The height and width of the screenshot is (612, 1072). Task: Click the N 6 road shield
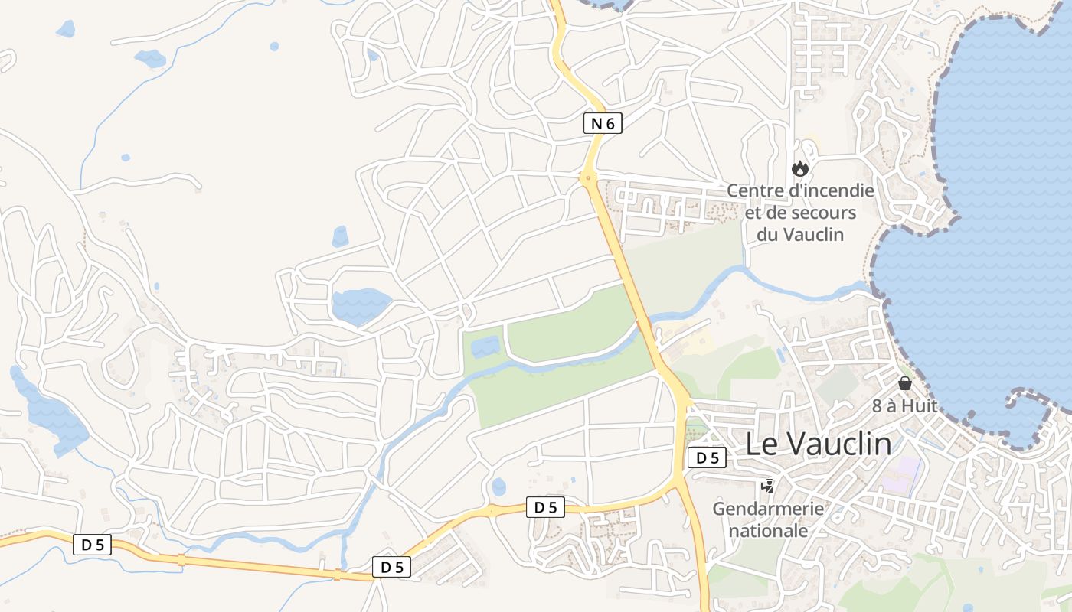pyautogui.click(x=603, y=123)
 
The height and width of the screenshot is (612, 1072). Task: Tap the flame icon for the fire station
pyautogui.click(x=800, y=168)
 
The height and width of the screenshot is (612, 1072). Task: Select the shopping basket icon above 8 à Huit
pyautogui.click(x=904, y=383)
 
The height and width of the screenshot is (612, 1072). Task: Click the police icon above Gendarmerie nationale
pyautogui.click(x=767, y=486)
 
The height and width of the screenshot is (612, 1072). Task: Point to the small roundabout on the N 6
pyautogui.click(x=587, y=179)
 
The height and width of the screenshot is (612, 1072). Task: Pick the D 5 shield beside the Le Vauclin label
pyautogui.click(x=707, y=458)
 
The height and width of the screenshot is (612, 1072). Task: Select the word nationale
pyautogui.click(x=768, y=530)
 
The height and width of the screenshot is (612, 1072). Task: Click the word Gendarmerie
pyautogui.click(x=768, y=509)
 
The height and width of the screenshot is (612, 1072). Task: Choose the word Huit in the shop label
pyautogui.click(x=919, y=406)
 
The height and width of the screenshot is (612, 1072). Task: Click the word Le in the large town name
pyautogui.click(x=762, y=444)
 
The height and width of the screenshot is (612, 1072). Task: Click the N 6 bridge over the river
pyautogui.click(x=644, y=324)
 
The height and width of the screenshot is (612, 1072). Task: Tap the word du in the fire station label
pyautogui.click(x=769, y=234)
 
